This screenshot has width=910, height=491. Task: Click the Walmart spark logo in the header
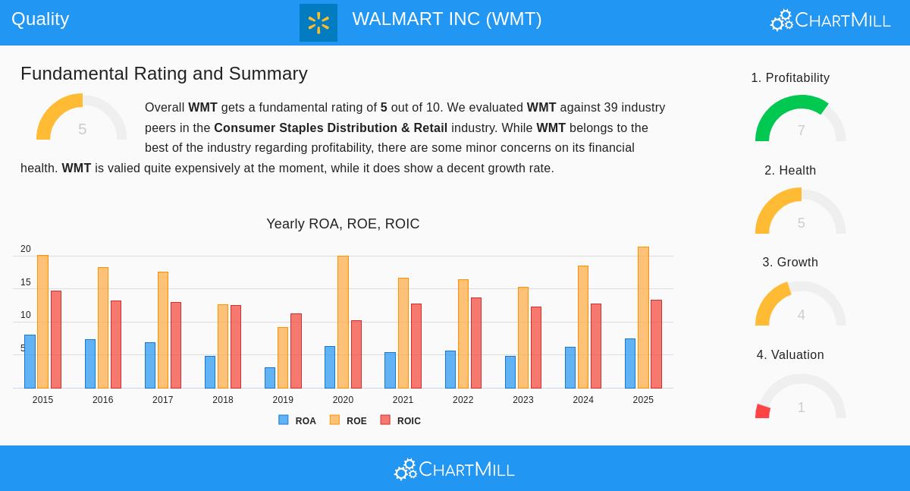pos(318,23)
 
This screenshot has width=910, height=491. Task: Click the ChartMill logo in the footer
pos(454,470)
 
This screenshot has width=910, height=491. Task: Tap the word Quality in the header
pos(40,19)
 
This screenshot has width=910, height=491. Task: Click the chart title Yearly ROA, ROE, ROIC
pos(343,224)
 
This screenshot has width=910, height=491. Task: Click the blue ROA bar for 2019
pos(270,378)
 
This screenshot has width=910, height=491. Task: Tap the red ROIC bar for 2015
pos(56,339)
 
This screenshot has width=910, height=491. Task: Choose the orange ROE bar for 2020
pos(343,322)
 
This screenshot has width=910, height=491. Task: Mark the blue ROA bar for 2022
pos(450,370)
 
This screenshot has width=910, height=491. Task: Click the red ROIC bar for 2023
pos(536,348)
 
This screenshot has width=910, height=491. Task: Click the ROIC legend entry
pos(401,420)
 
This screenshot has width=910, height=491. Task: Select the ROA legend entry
pos(298,420)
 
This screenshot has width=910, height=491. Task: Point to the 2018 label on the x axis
pos(223,400)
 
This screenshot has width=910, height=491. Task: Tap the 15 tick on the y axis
pos(26,282)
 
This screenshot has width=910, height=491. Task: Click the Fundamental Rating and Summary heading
pos(164,74)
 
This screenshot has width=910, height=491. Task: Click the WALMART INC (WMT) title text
pos(447,19)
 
